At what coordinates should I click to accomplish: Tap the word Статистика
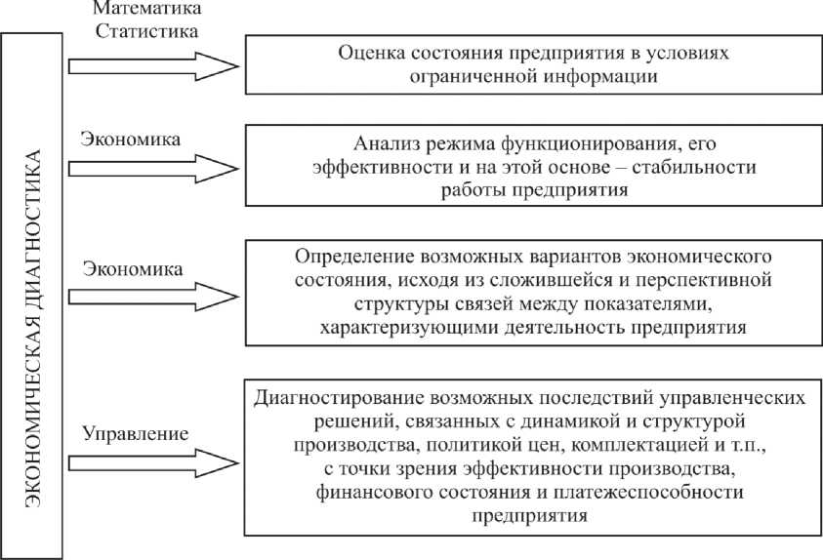pos(146,30)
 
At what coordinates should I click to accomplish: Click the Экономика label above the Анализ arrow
pos(131,140)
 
